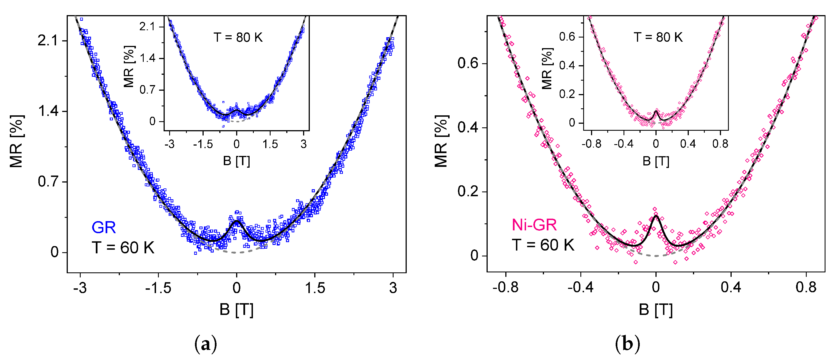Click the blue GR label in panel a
[x=103, y=228]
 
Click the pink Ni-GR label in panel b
[x=534, y=225]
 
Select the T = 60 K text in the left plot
[x=123, y=248]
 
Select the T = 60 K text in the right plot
[x=543, y=245]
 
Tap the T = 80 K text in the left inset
[x=238, y=38]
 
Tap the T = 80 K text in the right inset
[x=658, y=37]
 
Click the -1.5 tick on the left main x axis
[x=158, y=288]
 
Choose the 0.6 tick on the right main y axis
[x=468, y=63]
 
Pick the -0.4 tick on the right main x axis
[x=580, y=287]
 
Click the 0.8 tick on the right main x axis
[x=806, y=287]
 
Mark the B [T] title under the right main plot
[x=656, y=310]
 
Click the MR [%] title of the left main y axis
[x=16, y=141]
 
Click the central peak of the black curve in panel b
[x=656, y=216]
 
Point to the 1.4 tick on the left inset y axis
[x=148, y=58]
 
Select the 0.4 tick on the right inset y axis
[x=567, y=66]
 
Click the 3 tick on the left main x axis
[x=393, y=288]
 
